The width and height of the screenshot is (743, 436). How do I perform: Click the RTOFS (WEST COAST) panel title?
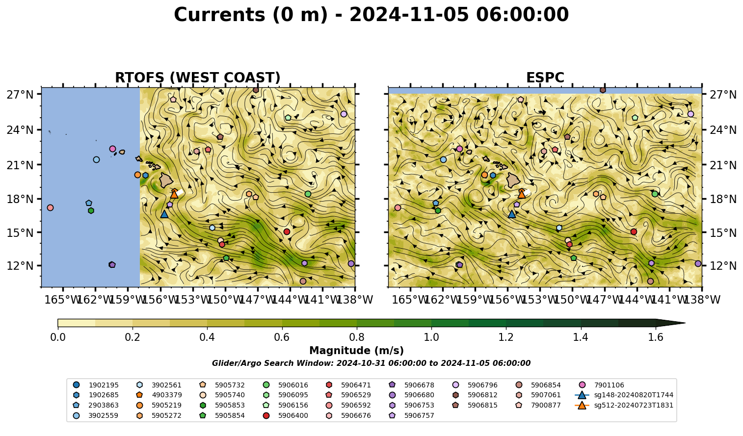(198, 77)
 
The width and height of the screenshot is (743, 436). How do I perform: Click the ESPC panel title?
(545, 77)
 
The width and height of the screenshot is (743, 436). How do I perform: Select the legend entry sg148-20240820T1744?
(624, 395)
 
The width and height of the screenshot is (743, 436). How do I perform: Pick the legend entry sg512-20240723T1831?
(624, 405)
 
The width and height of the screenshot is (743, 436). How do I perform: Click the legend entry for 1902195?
(97, 385)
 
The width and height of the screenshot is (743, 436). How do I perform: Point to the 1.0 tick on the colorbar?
(431, 337)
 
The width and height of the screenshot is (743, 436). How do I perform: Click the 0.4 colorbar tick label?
(207, 337)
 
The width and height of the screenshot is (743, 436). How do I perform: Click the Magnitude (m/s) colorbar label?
(357, 351)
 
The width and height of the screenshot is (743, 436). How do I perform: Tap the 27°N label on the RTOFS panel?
(20, 95)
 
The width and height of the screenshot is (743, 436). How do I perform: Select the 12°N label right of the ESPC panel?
(723, 266)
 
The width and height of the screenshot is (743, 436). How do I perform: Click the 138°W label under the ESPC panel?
(703, 300)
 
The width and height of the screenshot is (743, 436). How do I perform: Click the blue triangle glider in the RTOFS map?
(164, 214)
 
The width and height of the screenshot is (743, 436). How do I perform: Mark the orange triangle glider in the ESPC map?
(522, 194)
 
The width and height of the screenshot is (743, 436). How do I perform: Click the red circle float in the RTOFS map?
(287, 232)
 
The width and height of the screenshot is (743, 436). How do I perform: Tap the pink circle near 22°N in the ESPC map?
(459, 149)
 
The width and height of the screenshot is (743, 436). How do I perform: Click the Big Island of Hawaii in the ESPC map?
(514, 180)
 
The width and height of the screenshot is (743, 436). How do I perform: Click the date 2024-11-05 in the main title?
(409, 15)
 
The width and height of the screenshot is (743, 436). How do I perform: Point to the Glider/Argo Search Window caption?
(371, 363)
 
